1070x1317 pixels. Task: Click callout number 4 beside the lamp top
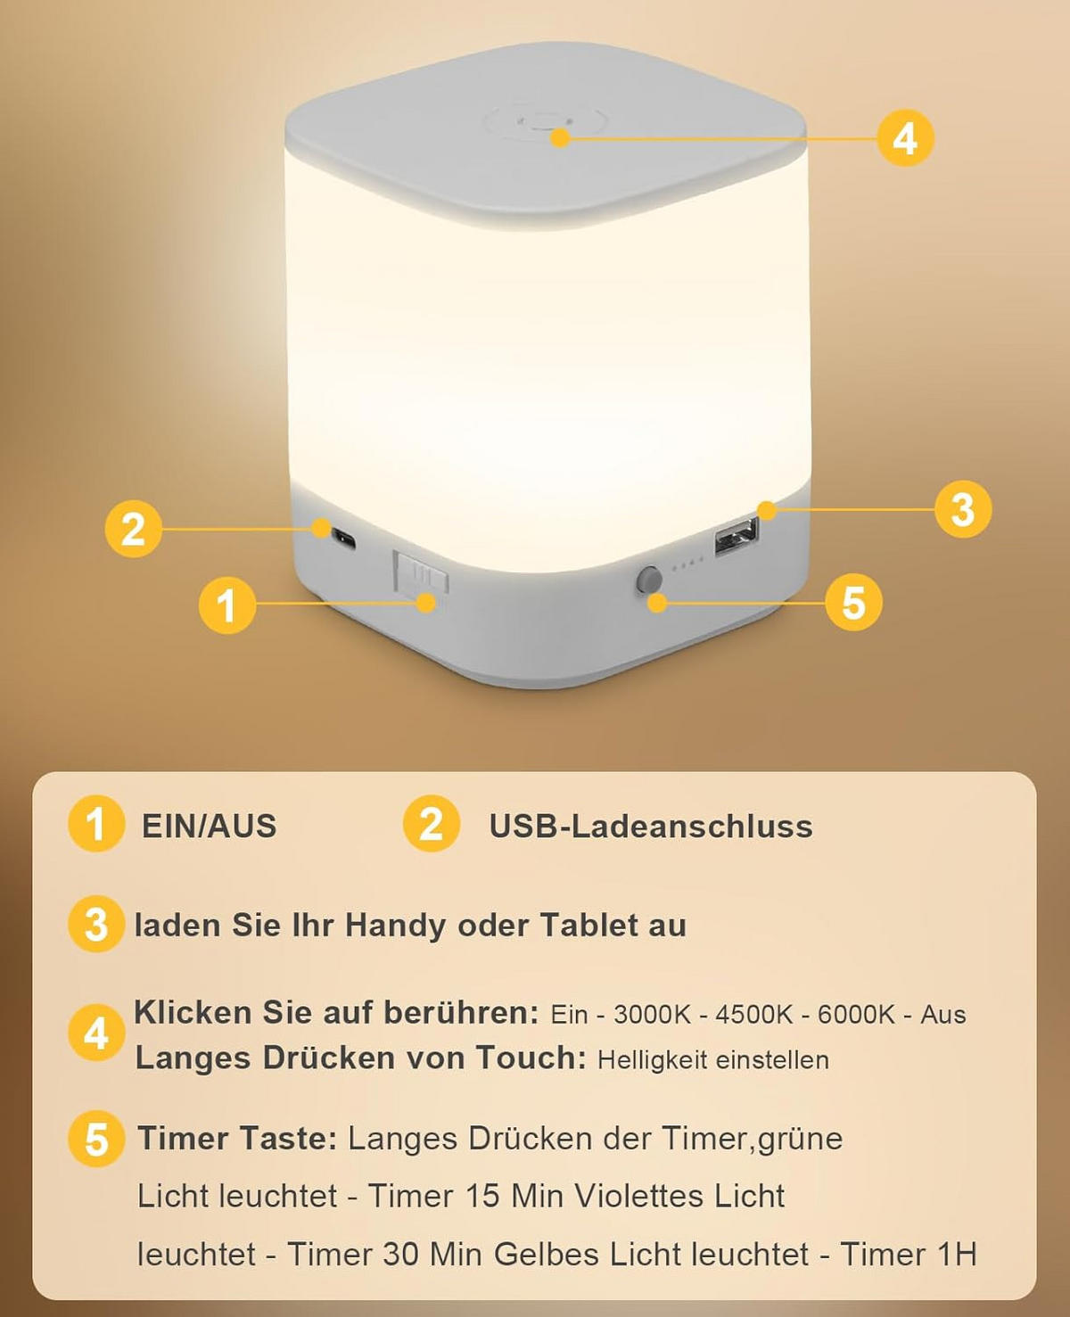[x=905, y=139]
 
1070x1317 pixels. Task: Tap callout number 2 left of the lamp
[x=133, y=529]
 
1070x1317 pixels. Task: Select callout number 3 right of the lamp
[x=963, y=509]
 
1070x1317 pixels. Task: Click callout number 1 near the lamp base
[x=226, y=605]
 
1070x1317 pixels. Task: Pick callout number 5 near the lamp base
[x=853, y=603]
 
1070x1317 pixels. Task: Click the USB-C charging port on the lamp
[x=343, y=538]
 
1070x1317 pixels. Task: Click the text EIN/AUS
[x=210, y=827]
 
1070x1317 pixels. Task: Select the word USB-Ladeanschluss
[x=651, y=827]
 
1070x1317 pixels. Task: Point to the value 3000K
[x=652, y=1015]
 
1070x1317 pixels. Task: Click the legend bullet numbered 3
[x=96, y=925]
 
